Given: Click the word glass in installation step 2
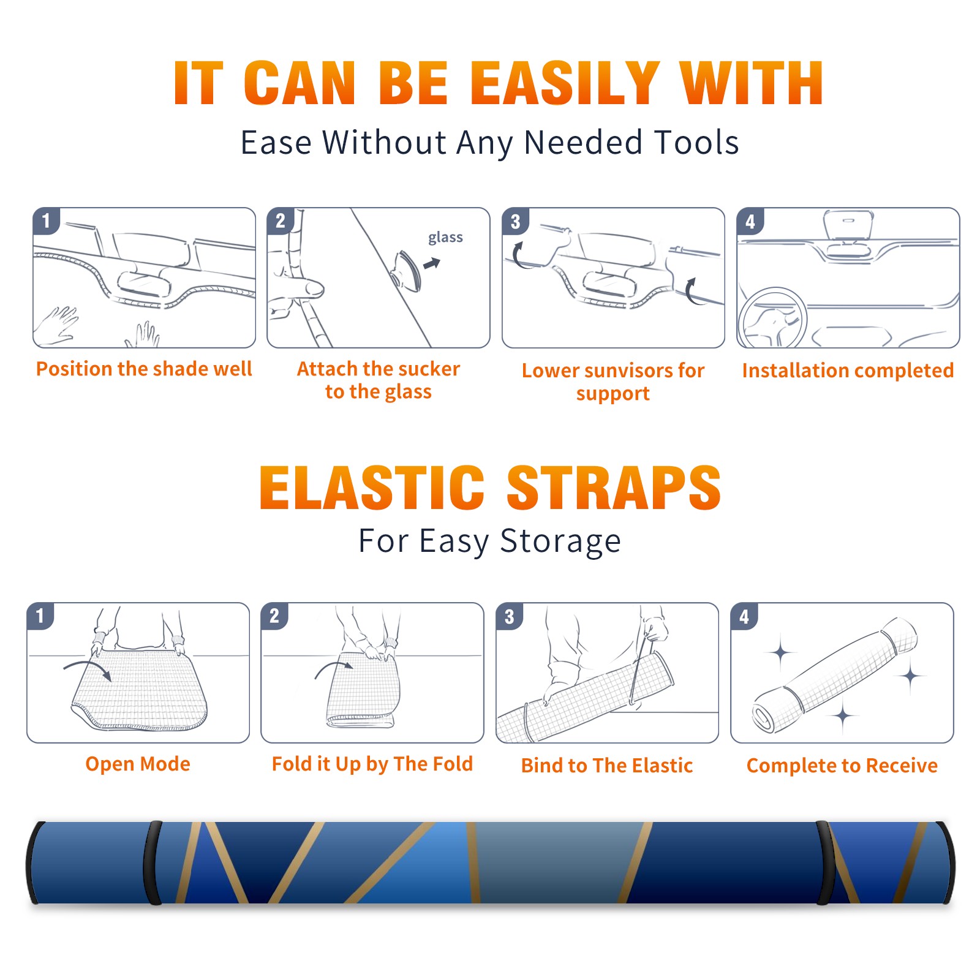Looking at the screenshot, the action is coord(445,238).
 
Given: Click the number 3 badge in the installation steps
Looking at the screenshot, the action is coord(515,222).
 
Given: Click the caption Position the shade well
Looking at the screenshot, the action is coord(144,369).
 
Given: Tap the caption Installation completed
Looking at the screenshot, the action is coord(848,371).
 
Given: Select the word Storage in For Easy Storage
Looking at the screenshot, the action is coord(560,541).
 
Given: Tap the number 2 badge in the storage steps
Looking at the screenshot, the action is coord(274,616).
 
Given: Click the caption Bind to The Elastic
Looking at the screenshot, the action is coord(606,766).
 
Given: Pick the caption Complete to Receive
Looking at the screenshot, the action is coord(842,766).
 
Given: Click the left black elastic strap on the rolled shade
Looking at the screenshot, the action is coord(153,862).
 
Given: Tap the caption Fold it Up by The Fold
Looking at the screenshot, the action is coord(372,764).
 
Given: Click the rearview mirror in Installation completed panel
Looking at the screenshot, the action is coord(848,225).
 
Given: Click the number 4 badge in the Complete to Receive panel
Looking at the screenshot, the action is coord(744,616).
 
